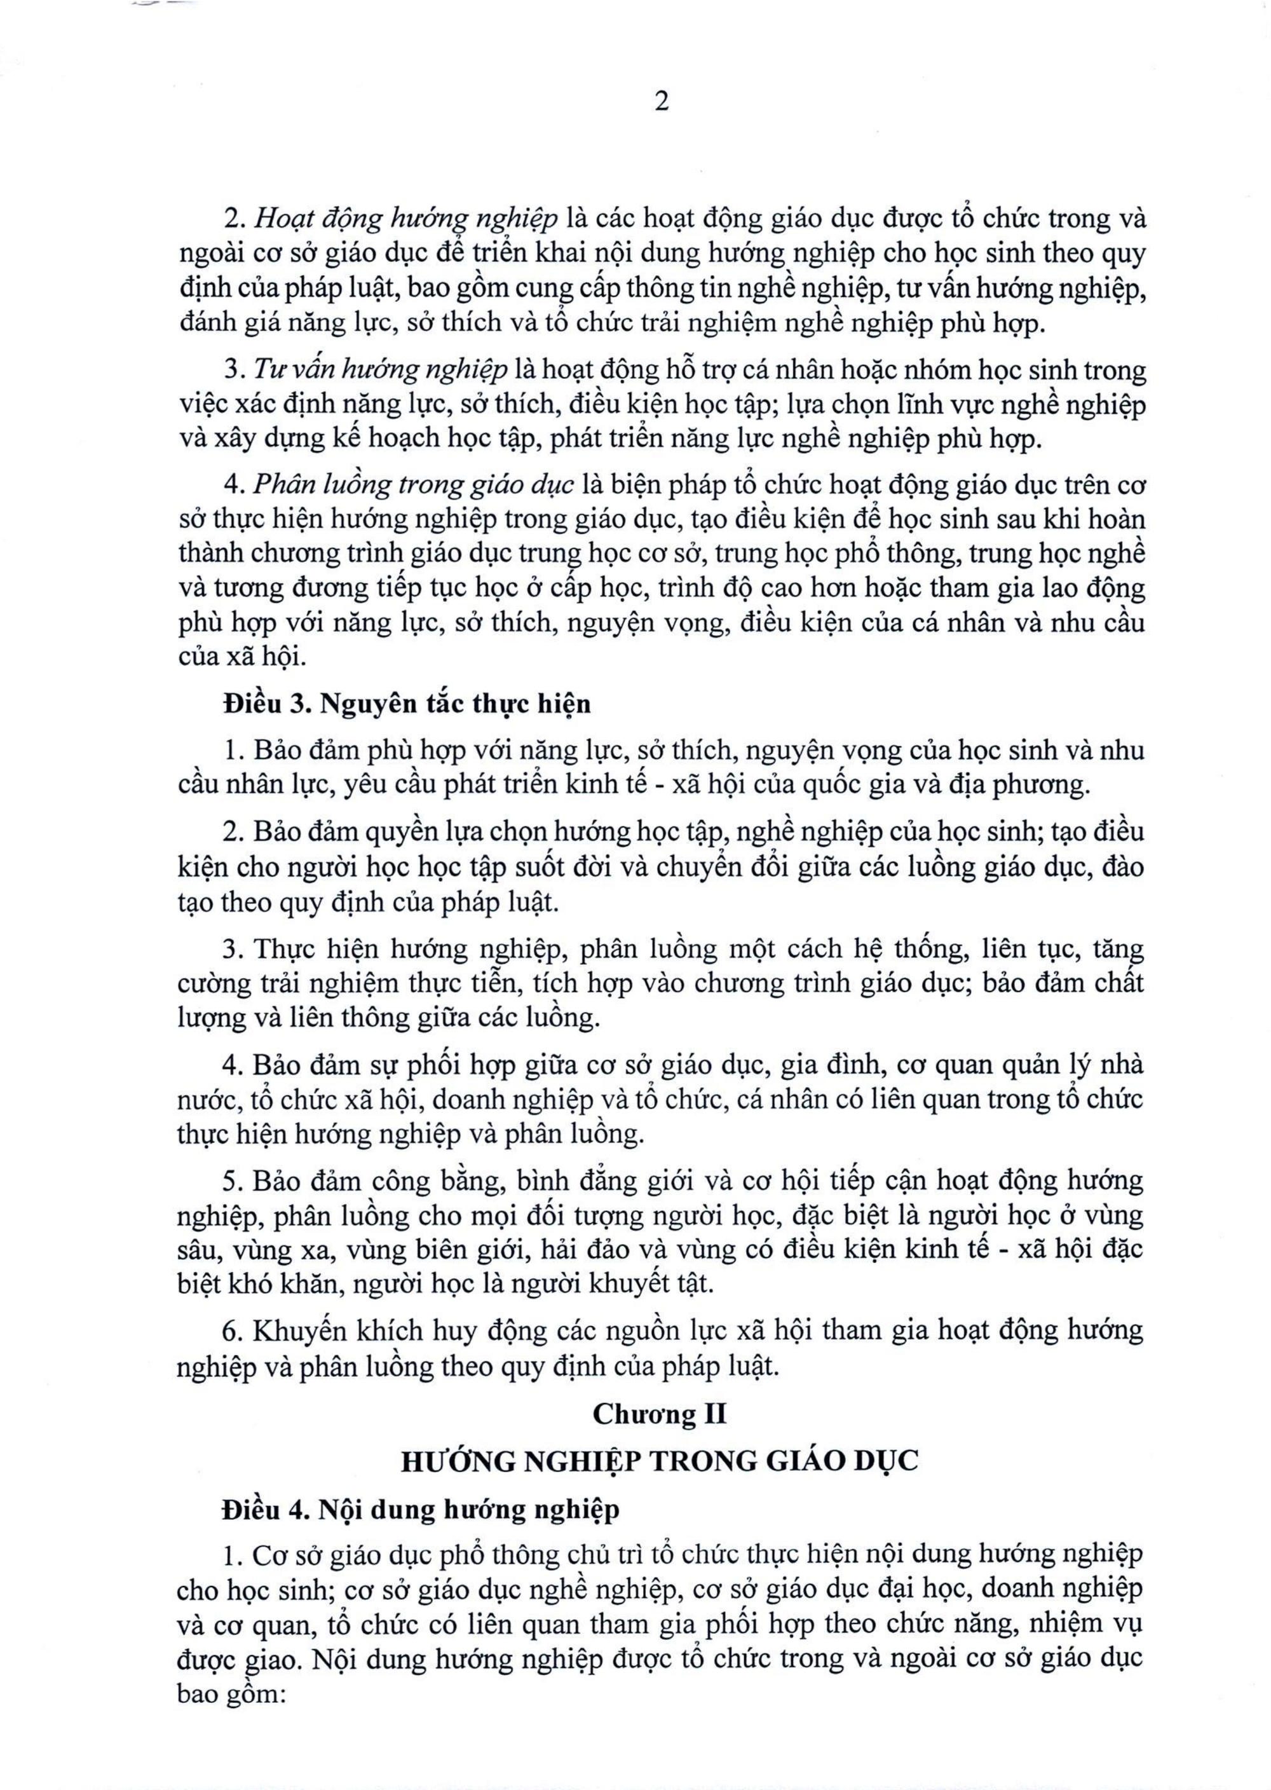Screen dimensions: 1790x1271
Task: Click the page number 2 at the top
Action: (662, 102)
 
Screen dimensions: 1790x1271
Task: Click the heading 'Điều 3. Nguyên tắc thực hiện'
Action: (407, 704)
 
